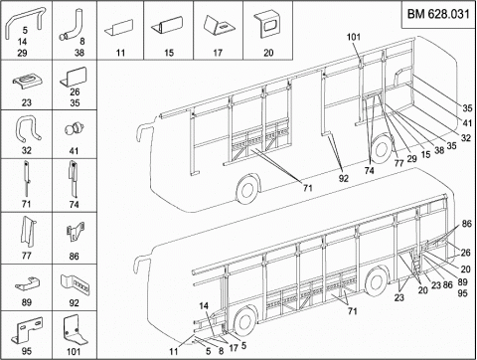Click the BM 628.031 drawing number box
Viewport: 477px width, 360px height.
438,15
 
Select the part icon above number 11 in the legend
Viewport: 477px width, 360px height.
119,28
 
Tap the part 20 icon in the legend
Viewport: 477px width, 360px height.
266,26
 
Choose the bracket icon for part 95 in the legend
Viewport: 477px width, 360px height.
27,331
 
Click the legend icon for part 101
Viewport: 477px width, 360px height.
75,330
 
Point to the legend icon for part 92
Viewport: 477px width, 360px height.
76,284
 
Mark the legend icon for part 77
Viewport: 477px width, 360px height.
28,232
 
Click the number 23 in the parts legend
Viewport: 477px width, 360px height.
27,102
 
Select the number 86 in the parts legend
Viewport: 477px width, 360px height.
74,257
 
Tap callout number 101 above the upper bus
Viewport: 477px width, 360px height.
354,37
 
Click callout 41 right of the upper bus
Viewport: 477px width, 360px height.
467,123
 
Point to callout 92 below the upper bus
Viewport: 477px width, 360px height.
344,178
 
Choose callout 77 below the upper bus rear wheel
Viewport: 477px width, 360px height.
398,163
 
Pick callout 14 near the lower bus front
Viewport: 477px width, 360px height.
204,305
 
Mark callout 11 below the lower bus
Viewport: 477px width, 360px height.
174,351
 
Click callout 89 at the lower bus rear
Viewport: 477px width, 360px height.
462,282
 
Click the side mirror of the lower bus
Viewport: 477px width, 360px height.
139,263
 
